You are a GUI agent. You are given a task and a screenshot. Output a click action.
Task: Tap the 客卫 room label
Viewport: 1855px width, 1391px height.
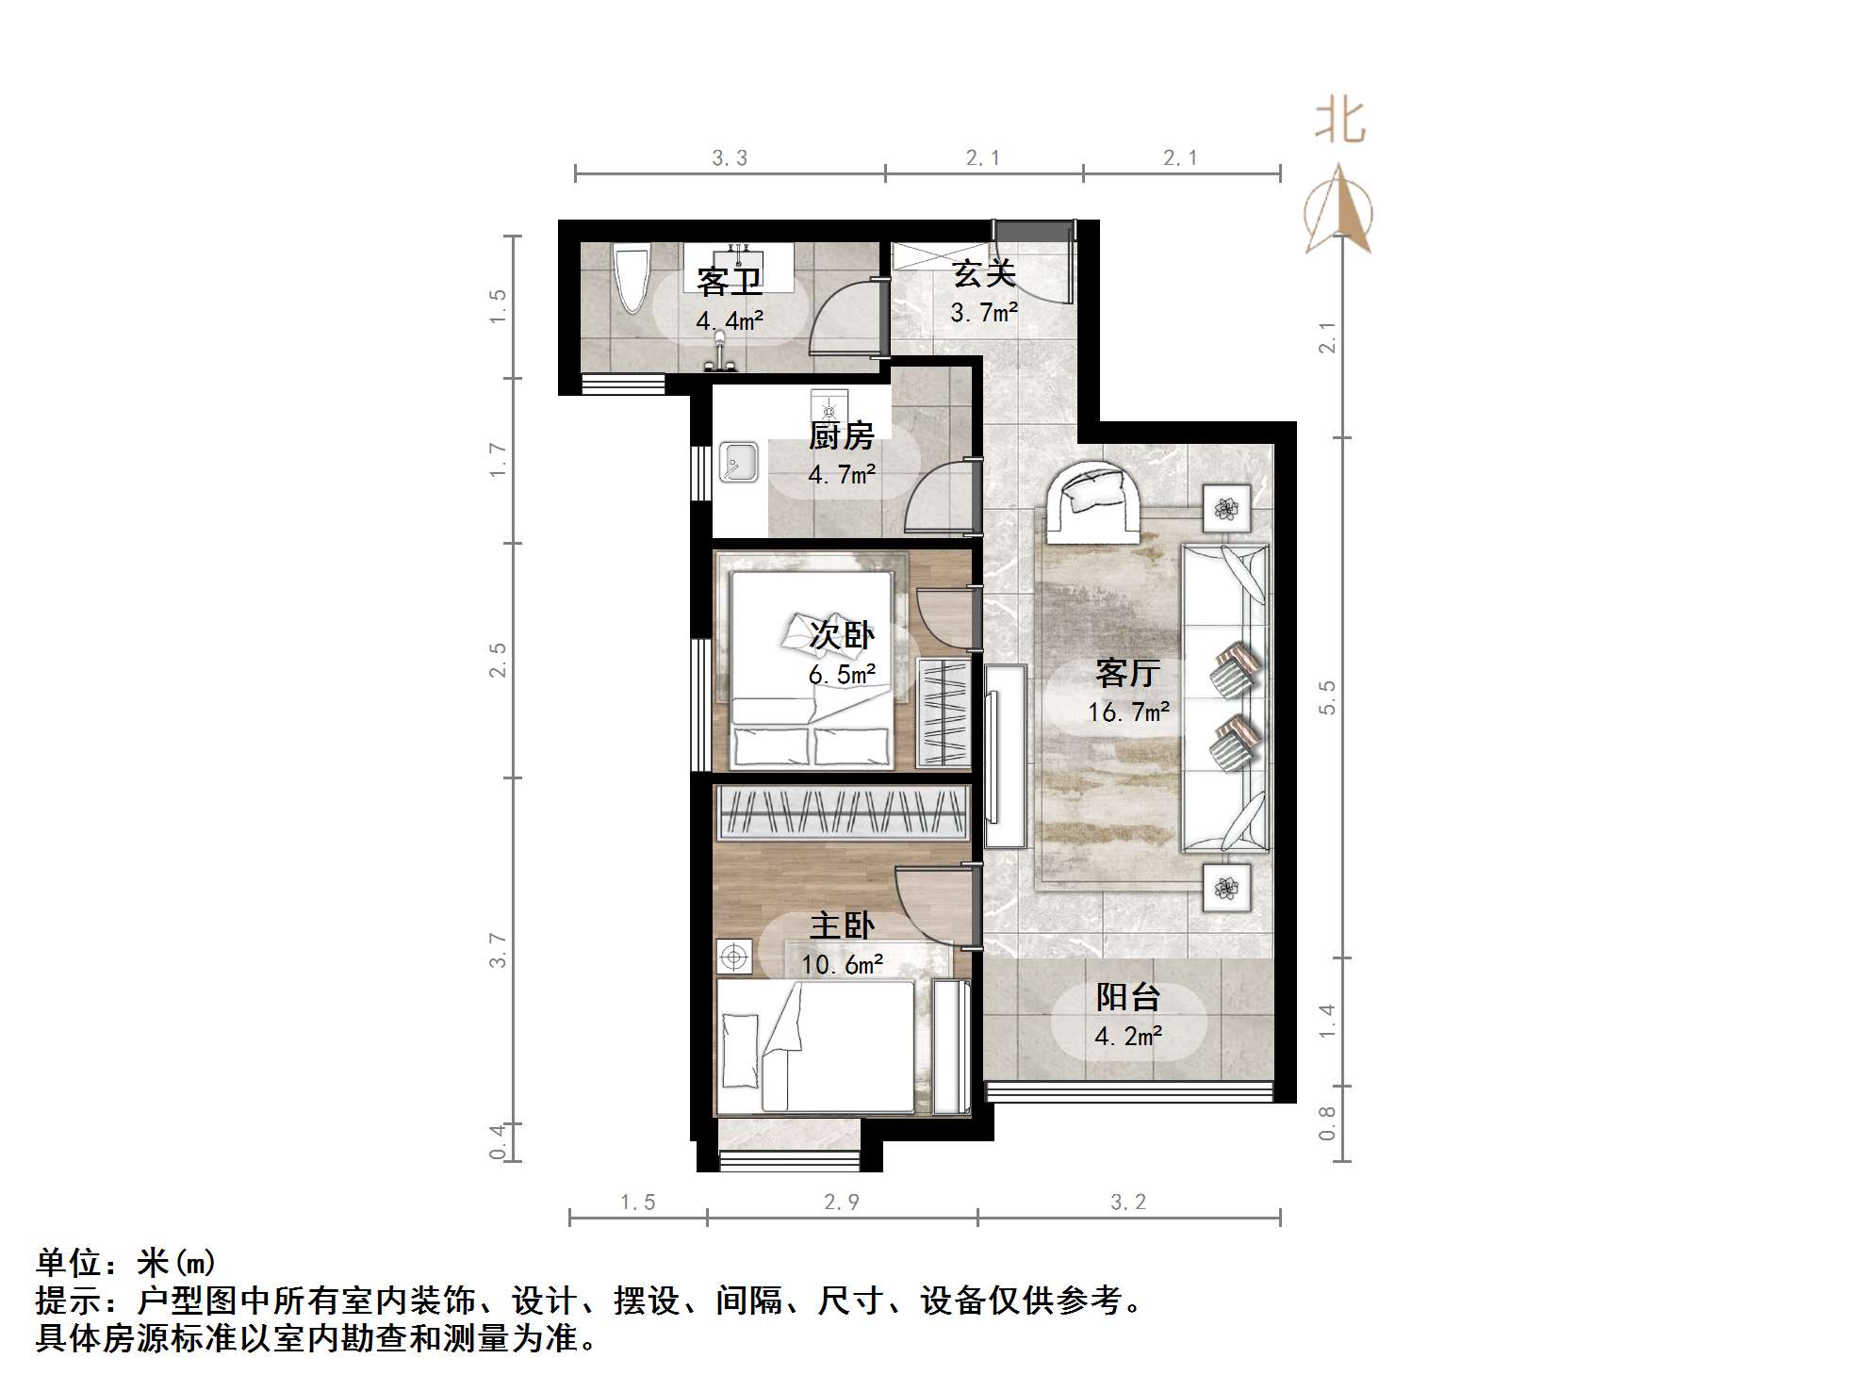click(729, 281)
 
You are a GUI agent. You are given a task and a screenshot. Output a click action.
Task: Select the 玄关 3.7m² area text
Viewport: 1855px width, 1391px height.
click(983, 312)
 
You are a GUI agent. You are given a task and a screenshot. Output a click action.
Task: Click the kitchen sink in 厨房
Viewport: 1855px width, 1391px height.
click(738, 462)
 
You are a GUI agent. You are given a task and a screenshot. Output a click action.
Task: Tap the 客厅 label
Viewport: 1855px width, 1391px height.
click(1127, 673)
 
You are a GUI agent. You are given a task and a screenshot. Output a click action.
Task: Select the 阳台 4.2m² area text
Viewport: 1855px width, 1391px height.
click(1127, 1037)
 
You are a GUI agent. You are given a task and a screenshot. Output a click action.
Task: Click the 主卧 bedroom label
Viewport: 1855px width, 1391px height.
click(842, 925)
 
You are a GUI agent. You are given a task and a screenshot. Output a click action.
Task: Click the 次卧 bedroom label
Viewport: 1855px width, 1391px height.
click(842, 634)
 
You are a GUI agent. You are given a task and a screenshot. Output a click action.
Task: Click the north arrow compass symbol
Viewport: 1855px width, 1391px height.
click(1338, 212)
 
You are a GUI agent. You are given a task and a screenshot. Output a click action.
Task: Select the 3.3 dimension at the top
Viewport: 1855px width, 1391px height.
click(730, 158)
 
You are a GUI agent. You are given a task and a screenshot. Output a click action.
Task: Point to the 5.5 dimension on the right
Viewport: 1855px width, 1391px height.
click(1327, 697)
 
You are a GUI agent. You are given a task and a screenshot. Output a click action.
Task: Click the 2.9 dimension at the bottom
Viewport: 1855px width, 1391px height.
click(841, 1203)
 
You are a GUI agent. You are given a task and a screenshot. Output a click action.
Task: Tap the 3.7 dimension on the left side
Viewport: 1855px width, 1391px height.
click(498, 950)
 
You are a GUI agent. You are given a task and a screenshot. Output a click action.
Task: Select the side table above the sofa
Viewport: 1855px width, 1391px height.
click(1225, 509)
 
